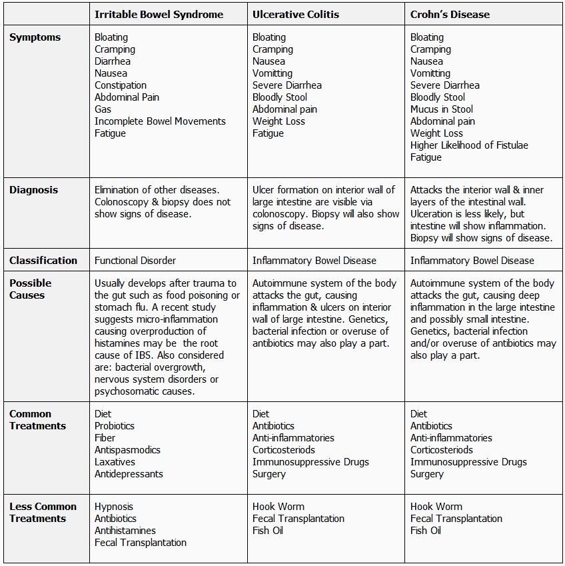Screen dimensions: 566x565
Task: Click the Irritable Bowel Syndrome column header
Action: coord(159,14)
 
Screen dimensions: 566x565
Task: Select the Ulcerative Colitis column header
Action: coord(296,14)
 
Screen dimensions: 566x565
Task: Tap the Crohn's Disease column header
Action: coord(450,14)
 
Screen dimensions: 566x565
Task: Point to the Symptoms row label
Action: coord(35,37)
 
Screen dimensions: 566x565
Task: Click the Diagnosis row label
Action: coord(33,190)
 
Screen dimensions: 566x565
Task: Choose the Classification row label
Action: coord(43,260)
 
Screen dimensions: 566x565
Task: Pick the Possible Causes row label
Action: coord(30,289)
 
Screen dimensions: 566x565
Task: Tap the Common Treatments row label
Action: coord(37,420)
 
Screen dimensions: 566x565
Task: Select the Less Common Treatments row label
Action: coord(43,513)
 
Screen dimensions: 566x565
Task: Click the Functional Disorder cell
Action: coord(135,260)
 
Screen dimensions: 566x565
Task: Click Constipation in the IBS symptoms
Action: coord(121,85)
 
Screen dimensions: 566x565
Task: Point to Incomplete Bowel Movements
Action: coord(160,121)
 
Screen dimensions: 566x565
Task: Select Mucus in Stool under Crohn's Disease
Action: coord(442,109)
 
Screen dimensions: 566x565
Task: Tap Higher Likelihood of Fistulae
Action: coord(469,145)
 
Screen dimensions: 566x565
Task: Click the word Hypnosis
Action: coord(114,507)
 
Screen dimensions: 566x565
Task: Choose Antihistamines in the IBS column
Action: coord(125,531)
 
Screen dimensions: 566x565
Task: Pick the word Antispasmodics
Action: coord(127,450)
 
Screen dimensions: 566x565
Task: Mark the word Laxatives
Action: coord(115,462)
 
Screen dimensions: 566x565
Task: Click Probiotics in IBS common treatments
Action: coord(115,426)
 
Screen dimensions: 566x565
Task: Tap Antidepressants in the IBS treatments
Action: coord(129,474)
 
